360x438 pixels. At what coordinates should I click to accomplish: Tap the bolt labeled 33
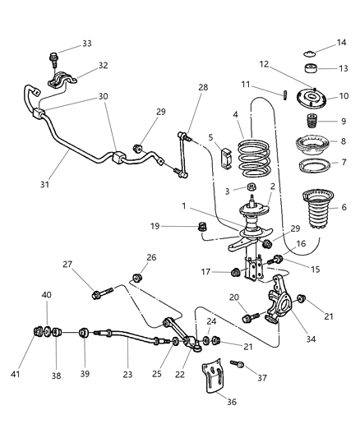(x=55, y=58)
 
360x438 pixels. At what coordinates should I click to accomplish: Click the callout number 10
(x=344, y=96)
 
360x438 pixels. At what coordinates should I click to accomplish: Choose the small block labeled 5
(x=227, y=154)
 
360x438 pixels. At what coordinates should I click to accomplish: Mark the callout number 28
(x=203, y=88)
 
